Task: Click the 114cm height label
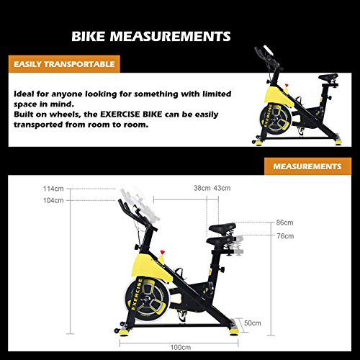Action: pos(53,189)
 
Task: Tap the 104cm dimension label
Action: pos(53,200)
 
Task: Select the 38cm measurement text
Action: pos(202,188)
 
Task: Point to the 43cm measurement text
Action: pos(222,188)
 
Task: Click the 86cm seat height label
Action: pos(284,222)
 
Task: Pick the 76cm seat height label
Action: pos(285,236)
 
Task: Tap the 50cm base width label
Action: pos(253,323)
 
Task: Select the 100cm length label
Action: pos(181,347)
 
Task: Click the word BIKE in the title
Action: pos(89,36)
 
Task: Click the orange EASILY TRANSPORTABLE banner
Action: pos(64,64)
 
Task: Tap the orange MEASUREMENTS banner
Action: pos(307,166)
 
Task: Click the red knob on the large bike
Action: pos(163,252)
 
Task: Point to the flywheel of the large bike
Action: pos(147,298)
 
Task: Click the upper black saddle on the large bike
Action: pos(222,228)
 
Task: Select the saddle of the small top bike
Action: pos(328,77)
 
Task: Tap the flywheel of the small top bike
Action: pos(276,119)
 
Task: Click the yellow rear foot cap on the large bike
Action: pos(234,332)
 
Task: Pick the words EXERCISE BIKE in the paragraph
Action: pos(131,114)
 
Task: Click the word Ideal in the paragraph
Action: pos(24,94)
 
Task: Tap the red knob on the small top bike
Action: pos(287,85)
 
